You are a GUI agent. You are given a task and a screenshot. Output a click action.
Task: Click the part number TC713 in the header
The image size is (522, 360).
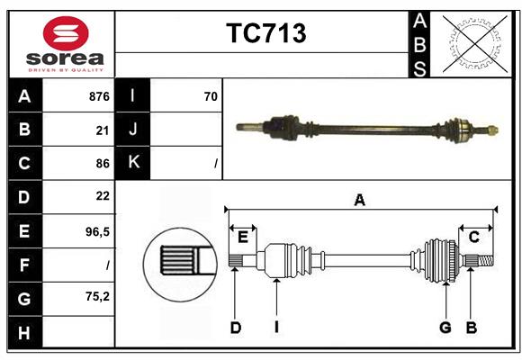[x=265, y=33]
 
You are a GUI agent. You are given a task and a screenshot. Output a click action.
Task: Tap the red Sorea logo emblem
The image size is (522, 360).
[x=66, y=35]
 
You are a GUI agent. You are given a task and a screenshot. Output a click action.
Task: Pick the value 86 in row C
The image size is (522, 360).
[x=102, y=164]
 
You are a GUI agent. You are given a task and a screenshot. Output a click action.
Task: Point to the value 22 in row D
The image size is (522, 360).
[x=102, y=196]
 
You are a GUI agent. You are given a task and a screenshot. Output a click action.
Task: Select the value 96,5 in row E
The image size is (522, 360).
[x=97, y=231]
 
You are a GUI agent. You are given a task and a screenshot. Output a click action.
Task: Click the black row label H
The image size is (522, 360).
[x=24, y=333]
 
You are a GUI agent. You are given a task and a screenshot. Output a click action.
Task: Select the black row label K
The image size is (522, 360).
[x=133, y=163]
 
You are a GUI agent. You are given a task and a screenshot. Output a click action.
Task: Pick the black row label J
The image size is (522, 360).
[x=133, y=130]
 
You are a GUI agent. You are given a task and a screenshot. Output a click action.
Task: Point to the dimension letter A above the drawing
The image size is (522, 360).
[x=360, y=200]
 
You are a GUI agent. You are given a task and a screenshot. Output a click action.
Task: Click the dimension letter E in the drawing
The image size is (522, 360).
[x=242, y=237]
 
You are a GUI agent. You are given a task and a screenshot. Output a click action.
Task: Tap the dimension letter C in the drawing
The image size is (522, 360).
[x=473, y=237]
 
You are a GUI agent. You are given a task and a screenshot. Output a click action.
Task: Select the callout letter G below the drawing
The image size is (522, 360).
[x=445, y=328]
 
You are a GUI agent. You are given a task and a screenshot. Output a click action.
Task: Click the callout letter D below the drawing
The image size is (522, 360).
[x=235, y=328]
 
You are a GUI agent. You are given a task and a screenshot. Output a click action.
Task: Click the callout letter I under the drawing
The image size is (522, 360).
[x=277, y=328]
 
